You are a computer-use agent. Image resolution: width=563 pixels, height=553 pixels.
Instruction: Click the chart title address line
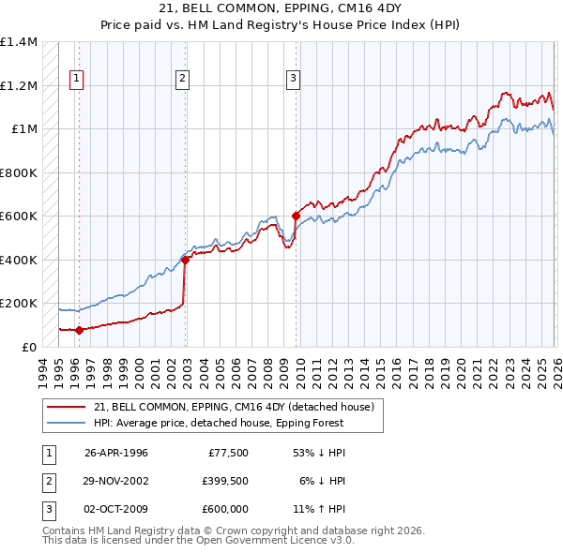pos(281,8)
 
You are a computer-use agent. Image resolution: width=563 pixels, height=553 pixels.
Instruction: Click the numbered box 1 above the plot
pos(75,79)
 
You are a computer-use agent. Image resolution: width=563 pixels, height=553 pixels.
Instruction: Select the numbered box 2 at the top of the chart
pos(182,79)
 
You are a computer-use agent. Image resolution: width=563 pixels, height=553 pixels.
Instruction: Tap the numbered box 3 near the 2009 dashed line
pos(293,79)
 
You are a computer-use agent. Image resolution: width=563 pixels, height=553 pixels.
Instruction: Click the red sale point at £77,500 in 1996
pos(80,330)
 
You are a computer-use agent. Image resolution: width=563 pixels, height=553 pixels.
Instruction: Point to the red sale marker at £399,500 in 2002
pos(186,261)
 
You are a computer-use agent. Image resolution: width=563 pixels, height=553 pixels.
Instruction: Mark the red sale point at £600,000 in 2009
pos(297,217)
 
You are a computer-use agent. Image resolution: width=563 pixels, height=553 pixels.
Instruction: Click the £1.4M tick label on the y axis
pos(19,42)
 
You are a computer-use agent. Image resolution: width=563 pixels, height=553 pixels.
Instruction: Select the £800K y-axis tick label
pos(19,172)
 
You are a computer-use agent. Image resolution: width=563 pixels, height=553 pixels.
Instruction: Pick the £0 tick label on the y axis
pos(28,347)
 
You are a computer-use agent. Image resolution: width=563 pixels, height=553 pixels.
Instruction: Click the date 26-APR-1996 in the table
pos(116,452)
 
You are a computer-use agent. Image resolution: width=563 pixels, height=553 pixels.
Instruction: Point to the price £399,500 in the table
pos(224,480)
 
